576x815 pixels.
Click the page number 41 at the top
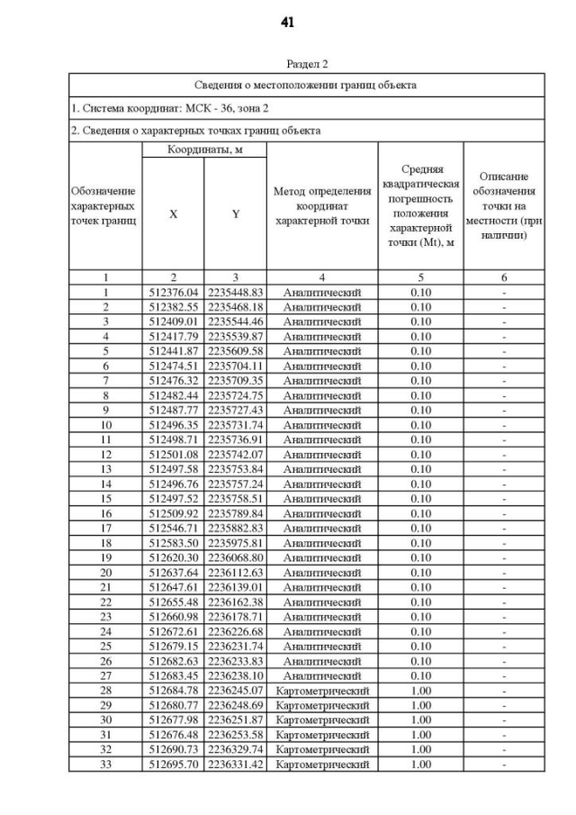coord(287,22)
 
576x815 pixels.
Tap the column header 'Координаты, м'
coord(204,149)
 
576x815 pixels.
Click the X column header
coord(173,216)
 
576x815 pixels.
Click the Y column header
coord(235,216)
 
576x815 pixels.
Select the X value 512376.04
coord(173,293)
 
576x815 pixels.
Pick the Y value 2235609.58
coord(235,351)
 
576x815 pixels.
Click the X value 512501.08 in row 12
coord(173,454)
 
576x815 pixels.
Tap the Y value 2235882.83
coord(235,528)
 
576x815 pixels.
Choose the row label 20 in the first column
coord(105,572)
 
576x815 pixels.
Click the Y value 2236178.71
coord(235,616)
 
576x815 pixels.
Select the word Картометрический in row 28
coord(322,690)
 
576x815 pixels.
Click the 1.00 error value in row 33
coord(420,764)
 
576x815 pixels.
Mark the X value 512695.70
coord(173,764)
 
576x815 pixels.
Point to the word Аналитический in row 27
coord(321,675)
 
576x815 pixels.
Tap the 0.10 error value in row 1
coord(420,293)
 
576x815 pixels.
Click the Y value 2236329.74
coord(235,749)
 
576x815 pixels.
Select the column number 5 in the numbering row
coord(420,277)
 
